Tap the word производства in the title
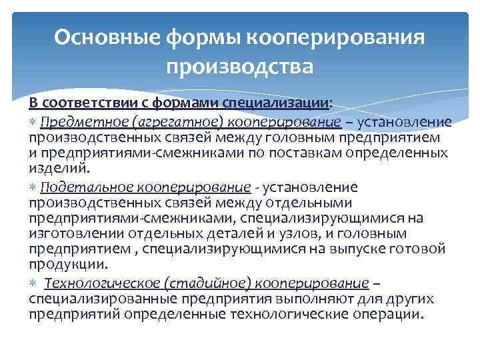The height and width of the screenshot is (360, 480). coord(240,67)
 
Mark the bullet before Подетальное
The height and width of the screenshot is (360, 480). coord(33,187)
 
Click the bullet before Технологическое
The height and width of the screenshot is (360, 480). coord(33,282)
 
